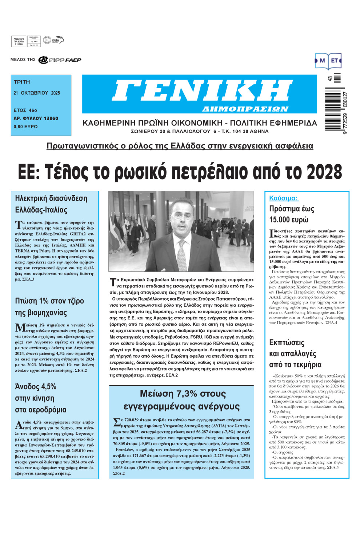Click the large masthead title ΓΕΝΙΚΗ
click(202, 91)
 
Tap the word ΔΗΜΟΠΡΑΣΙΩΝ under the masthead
click(245, 109)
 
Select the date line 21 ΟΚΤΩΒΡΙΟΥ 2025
click(37, 93)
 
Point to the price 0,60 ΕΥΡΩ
click(25, 127)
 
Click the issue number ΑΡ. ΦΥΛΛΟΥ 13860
click(36, 118)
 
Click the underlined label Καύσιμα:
click(283, 198)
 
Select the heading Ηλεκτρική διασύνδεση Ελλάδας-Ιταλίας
click(51, 204)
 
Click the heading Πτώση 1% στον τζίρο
click(49, 301)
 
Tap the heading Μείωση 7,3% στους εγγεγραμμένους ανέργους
click(183, 400)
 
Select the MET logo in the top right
click(328, 61)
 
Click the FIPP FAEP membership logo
click(60, 60)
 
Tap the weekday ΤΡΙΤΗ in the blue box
click(22, 82)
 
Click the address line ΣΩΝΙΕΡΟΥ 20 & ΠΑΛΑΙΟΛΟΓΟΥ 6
click(200, 131)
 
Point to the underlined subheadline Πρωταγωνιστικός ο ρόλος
click(180, 146)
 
